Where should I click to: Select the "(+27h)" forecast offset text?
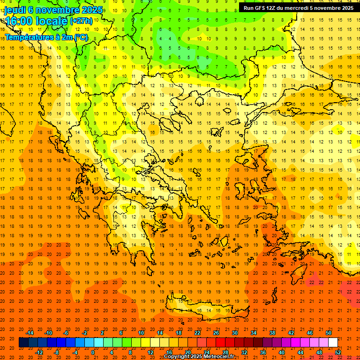81,21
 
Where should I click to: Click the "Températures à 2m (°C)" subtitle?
46,37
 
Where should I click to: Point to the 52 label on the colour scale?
338,352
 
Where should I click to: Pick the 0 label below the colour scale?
93,352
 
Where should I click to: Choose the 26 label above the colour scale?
216,333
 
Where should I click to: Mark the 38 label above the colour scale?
272,333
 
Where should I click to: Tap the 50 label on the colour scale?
328,333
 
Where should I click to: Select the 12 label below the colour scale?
150,352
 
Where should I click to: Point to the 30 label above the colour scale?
234,333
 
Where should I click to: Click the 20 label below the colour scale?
188,352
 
